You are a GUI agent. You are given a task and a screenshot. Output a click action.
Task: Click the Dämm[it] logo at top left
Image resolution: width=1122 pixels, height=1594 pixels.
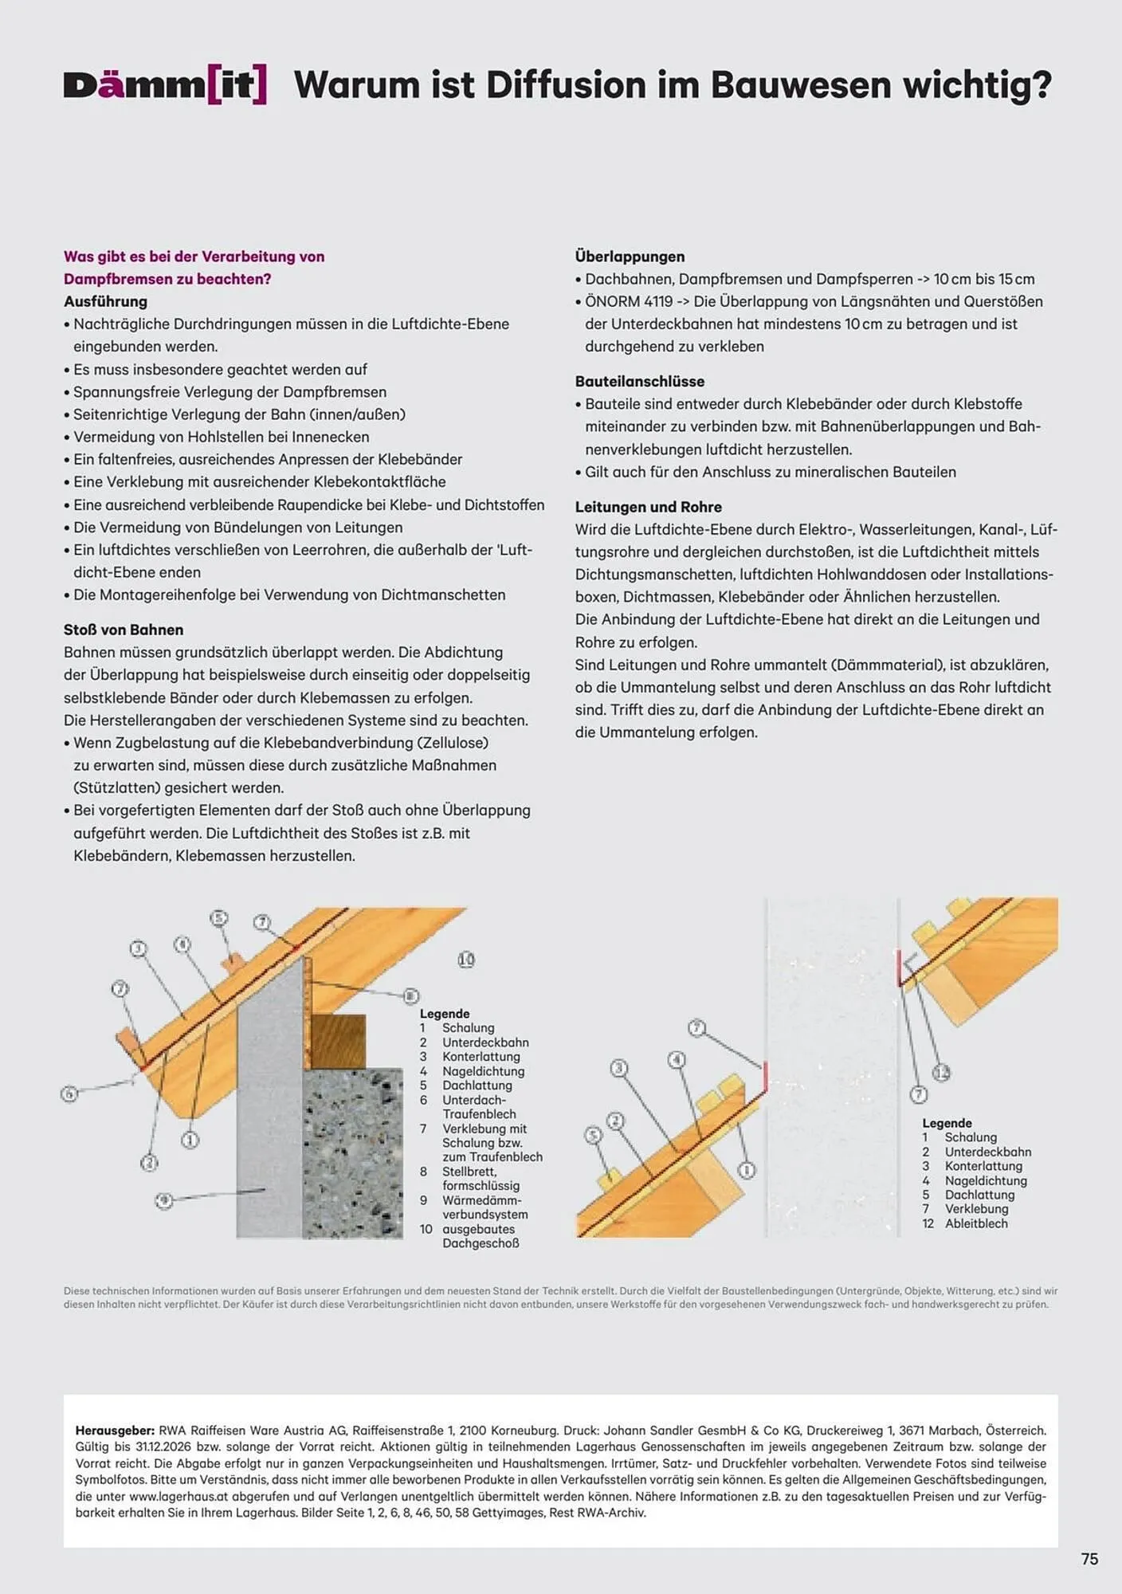(165, 85)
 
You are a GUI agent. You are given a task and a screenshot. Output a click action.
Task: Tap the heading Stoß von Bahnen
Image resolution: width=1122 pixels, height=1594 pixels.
(124, 630)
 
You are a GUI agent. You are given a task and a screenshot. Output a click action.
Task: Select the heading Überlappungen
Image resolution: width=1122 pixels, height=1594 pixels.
(630, 257)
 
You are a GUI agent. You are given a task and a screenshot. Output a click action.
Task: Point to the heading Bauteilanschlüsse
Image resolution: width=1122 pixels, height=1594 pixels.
(640, 382)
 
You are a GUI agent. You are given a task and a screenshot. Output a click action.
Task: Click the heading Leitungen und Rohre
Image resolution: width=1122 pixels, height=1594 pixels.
(648, 507)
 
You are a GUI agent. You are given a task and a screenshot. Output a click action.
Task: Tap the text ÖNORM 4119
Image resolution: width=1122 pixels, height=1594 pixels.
(629, 302)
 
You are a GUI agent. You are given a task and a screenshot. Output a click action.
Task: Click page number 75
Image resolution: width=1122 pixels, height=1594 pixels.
(1089, 1559)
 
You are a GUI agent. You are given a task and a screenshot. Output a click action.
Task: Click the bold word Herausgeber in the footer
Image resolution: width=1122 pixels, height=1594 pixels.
(115, 1431)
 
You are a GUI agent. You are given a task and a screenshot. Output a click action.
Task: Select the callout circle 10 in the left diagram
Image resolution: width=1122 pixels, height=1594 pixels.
(466, 960)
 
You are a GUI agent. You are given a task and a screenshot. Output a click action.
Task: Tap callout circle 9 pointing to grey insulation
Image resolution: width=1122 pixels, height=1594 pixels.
(163, 1200)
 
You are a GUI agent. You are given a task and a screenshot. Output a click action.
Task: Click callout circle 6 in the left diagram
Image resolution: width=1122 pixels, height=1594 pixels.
(69, 1093)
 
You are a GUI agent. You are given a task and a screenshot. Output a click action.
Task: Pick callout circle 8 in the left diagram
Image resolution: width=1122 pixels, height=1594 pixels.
(410, 995)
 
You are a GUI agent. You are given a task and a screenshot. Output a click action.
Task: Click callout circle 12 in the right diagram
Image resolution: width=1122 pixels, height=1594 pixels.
(941, 1072)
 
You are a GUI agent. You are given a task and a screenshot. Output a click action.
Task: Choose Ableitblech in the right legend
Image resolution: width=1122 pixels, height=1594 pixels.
(976, 1223)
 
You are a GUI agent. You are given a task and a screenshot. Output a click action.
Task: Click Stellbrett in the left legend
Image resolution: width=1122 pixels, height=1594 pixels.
(469, 1172)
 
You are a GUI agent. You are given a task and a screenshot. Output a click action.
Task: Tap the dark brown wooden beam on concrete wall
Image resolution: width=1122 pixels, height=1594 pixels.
(338, 1041)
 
